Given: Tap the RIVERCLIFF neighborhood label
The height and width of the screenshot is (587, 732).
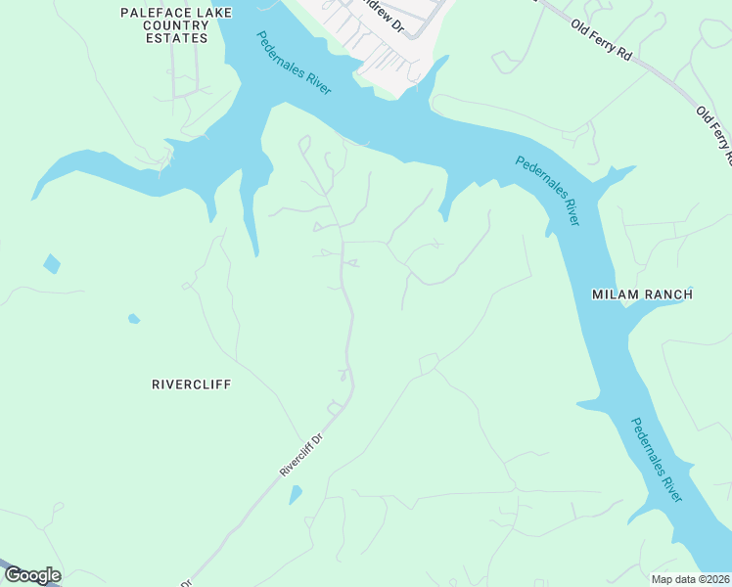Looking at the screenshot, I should tap(191, 384).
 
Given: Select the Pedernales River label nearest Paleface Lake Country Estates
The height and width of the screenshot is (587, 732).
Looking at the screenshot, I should tap(294, 64).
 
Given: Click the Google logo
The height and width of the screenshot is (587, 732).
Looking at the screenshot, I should tap(32, 575).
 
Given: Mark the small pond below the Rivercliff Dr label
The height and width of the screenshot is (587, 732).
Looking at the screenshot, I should tap(296, 495).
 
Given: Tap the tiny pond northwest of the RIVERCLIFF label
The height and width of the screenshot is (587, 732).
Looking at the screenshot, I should tap(133, 318).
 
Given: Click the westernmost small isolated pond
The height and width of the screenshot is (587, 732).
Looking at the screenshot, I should tap(51, 263).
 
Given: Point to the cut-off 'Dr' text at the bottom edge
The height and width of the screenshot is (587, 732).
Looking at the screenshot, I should tap(182, 583).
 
